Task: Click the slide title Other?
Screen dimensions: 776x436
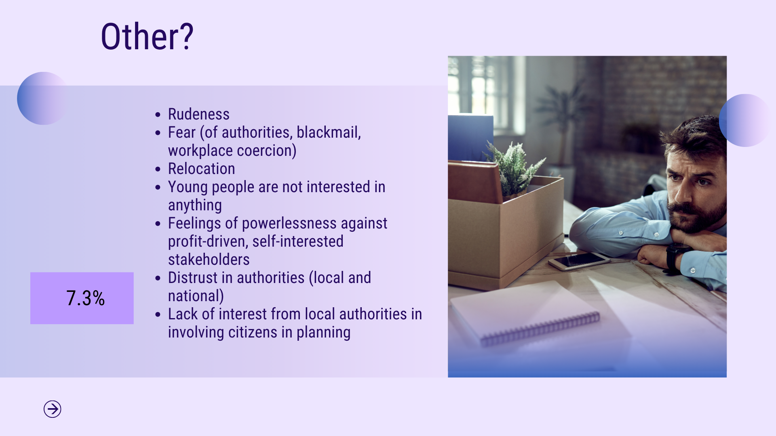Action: coord(147,37)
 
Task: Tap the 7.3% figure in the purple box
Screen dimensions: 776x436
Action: coord(86,298)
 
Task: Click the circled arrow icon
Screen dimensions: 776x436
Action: coord(53,409)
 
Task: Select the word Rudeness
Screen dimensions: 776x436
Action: coord(199,114)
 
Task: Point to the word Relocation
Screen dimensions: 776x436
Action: coord(202,169)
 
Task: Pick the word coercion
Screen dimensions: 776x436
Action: coord(267,151)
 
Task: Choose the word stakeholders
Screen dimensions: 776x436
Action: coord(209,260)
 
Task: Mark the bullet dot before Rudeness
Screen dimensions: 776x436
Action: coord(158,115)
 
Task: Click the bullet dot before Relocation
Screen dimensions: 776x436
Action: coord(158,169)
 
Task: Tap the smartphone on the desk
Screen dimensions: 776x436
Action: coord(579,261)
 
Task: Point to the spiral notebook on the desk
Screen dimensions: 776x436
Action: coord(525,313)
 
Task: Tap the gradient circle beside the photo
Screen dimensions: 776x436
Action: coord(745,120)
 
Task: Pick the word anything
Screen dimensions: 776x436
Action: coord(195,205)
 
